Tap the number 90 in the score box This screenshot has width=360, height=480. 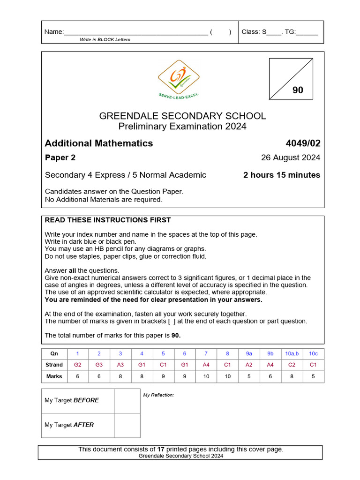tap(298, 90)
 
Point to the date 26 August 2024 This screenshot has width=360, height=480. tap(291, 157)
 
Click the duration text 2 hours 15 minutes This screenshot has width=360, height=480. tap(282, 175)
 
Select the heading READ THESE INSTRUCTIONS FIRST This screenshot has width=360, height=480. tap(108, 220)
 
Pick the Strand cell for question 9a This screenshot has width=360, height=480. tap(248, 365)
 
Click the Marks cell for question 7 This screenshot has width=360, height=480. tap(206, 376)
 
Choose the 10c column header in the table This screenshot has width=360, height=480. tap(313, 354)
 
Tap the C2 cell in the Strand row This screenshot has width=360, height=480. tap(292, 365)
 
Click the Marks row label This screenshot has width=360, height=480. tap(54, 376)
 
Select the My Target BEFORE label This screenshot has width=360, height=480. tap(72, 400)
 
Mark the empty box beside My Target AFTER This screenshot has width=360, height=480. tap(127, 425)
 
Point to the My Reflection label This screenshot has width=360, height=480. tap(158, 395)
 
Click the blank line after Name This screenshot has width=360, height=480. tap(136, 32)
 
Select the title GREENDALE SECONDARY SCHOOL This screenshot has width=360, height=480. tap(182, 116)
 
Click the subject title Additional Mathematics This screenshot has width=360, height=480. tap(99, 143)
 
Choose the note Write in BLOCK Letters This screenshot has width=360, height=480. tap(105, 39)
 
